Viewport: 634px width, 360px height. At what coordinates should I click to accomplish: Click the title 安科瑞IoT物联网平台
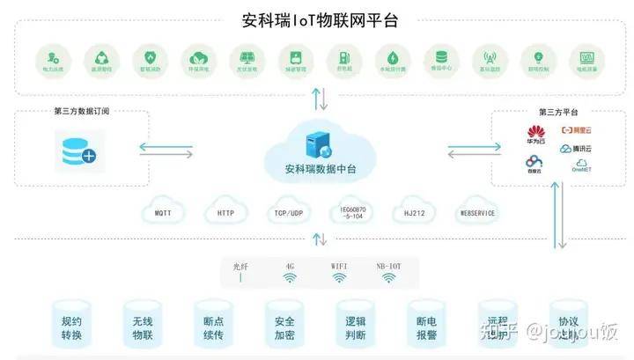319,19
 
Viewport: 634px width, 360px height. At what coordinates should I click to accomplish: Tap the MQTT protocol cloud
164,213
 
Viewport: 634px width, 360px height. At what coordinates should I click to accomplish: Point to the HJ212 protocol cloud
415,213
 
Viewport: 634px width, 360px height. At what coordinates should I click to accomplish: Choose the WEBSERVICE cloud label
478,213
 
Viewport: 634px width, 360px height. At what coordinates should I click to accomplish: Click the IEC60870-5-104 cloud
351,213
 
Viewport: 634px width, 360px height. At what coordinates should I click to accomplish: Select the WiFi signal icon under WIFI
339,277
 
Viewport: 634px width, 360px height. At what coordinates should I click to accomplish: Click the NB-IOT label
387,265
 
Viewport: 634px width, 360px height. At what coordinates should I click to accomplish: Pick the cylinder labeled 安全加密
284,327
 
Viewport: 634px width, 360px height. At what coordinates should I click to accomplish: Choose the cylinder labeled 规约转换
71,327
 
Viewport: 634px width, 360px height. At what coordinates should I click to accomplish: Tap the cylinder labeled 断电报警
426,327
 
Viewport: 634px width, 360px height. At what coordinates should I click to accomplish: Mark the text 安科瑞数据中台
321,168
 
